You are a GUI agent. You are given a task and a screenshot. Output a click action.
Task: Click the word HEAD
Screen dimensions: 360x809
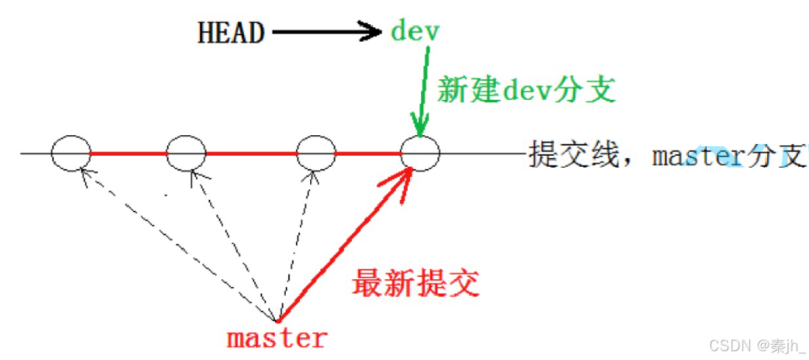[x=231, y=33]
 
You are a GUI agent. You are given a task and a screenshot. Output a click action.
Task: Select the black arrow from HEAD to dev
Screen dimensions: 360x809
[x=327, y=32]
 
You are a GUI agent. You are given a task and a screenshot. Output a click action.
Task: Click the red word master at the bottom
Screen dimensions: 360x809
[x=276, y=339]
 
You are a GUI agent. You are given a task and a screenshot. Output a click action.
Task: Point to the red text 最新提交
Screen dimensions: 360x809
[x=416, y=283]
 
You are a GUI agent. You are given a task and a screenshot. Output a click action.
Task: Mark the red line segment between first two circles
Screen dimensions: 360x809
[x=128, y=154]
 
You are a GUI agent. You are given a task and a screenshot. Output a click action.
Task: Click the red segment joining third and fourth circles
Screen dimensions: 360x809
[x=367, y=154]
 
